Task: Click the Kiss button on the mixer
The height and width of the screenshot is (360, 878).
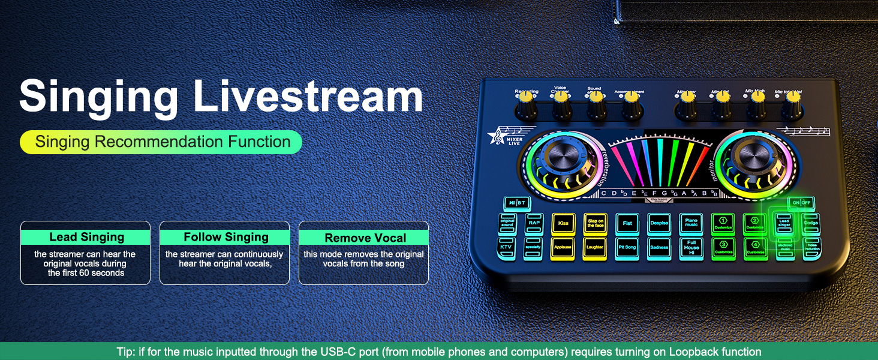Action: [563, 223]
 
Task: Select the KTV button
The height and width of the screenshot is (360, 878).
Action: [507, 247]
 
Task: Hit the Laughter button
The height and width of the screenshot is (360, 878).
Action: [595, 247]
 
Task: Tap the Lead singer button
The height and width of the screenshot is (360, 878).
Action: [784, 223]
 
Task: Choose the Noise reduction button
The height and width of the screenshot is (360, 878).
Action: [813, 247]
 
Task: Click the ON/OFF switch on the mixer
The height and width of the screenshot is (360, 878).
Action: [801, 203]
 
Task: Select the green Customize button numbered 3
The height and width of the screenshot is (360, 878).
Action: [723, 247]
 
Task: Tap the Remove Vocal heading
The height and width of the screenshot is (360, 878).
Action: [365, 238]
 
